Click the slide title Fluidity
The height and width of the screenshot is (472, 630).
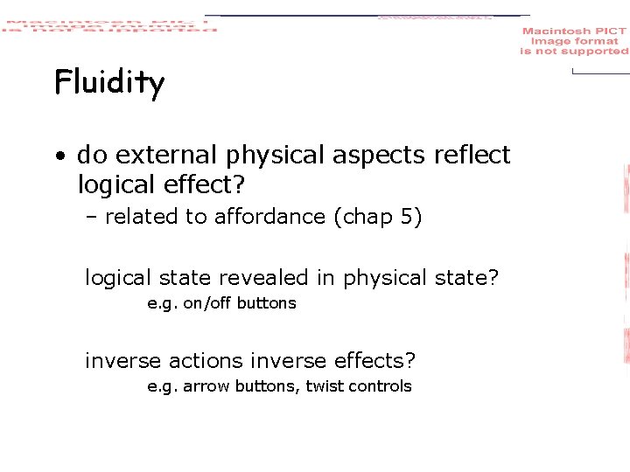[109, 84]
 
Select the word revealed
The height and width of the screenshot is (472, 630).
[266, 278]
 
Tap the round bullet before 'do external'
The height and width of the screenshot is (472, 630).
[59, 157]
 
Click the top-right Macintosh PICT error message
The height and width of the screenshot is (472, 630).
[574, 41]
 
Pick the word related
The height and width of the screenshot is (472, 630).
[139, 217]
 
